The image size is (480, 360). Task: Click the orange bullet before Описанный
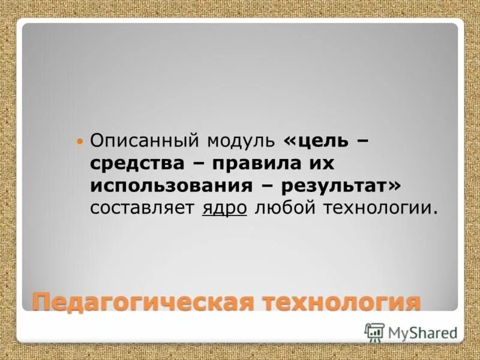80,142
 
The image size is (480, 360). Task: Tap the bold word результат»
341,185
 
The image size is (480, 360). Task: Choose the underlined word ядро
225,208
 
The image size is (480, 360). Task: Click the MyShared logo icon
374,332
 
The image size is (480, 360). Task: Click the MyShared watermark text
422,332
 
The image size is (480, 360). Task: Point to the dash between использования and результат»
269,186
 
